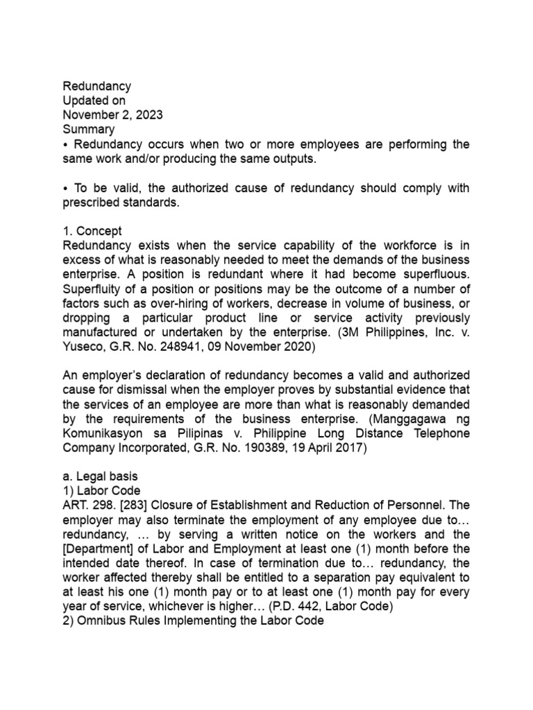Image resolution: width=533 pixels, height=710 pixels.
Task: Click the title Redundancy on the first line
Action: pos(97,87)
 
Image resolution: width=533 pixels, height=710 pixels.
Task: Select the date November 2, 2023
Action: pos(113,115)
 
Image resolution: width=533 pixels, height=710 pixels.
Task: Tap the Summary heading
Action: pos(89,130)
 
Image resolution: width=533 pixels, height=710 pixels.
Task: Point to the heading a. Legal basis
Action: pos(101,478)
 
